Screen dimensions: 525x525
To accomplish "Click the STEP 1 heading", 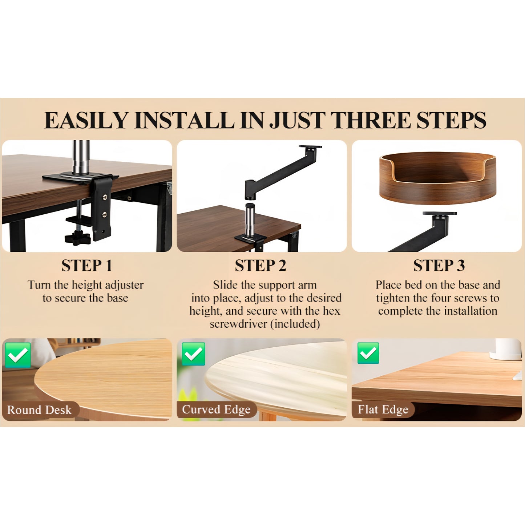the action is coord(86,265).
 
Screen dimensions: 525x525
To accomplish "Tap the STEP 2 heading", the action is coord(261,265).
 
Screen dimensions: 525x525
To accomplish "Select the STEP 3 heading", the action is coord(439,265).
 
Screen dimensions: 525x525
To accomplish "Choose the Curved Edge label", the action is coord(216,409).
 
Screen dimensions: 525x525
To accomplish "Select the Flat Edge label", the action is coord(383,409).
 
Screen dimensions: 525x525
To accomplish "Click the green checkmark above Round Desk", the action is coord(18,355).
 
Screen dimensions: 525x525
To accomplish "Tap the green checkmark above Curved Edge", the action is coord(193,354).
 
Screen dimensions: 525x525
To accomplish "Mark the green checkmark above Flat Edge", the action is coord(368,353).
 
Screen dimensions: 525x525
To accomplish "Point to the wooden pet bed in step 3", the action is coord(437,178).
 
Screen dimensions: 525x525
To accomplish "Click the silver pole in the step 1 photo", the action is coord(81,157).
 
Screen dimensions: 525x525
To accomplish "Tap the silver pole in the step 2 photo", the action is coord(250,221).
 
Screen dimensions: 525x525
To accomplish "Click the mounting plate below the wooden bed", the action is coord(440,213).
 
